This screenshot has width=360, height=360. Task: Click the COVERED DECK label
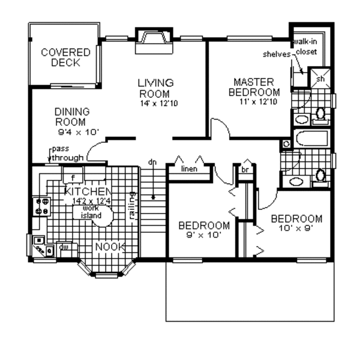pos(65,58)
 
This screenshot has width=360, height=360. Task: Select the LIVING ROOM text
pos(155,88)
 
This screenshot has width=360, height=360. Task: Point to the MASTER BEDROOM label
pos(253,87)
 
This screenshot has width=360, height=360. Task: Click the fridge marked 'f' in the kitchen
pos(73,178)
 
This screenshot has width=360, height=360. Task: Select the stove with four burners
pos(43,206)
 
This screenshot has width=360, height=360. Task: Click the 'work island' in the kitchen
pos(91,212)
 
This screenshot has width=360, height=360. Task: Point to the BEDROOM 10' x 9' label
pos(296,223)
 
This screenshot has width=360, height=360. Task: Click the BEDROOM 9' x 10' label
pos(205,230)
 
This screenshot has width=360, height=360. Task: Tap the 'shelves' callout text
pos(277,54)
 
